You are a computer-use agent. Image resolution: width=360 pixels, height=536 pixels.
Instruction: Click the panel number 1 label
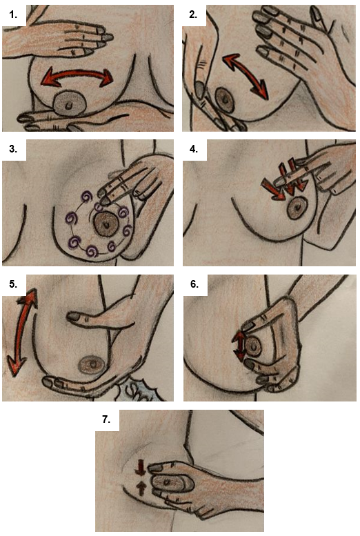pos(13,14)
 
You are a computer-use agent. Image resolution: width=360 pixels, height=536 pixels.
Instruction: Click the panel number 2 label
pos(193,14)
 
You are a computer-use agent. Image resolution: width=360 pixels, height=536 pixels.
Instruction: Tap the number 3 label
pos(13,150)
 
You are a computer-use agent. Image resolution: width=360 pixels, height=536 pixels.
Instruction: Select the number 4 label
pos(194,150)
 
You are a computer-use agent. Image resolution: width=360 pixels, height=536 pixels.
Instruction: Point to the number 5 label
pos(13,284)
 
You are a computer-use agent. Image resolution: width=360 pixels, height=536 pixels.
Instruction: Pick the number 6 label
pos(194,284)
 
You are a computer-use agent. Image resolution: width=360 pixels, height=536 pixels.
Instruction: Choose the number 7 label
pos(106,419)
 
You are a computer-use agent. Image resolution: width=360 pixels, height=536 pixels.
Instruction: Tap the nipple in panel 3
pos(106,224)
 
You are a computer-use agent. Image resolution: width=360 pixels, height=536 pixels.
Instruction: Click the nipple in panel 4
pos(297,208)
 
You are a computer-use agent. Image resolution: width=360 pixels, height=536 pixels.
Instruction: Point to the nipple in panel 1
pos(70,104)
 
